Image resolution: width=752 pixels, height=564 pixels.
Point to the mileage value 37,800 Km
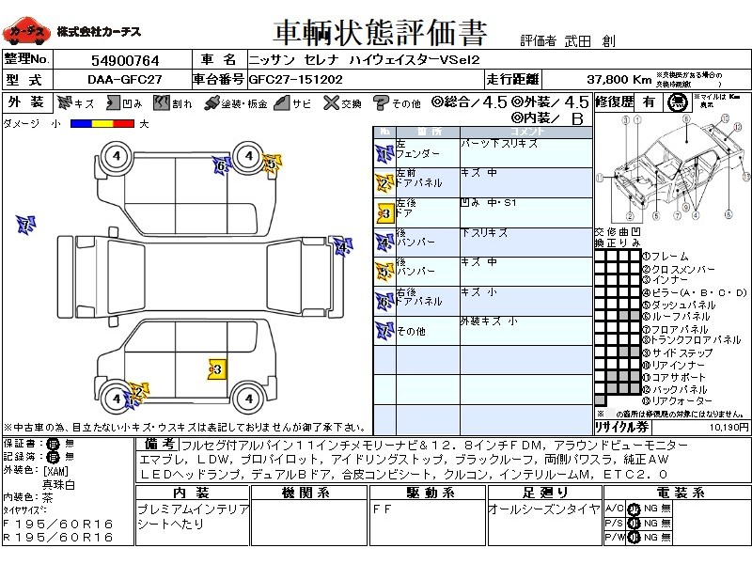pyautogui.click(x=619, y=80)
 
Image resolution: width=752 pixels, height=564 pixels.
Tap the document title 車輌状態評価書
pyautogui.click(x=380, y=34)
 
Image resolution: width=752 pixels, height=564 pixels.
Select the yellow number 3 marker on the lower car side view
pyautogui.click(x=217, y=370)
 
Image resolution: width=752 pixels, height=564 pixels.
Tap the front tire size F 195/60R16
pyautogui.click(x=58, y=523)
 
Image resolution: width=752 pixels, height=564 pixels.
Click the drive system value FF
pyautogui.click(x=384, y=509)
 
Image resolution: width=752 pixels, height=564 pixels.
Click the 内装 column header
pyautogui.click(x=191, y=493)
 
